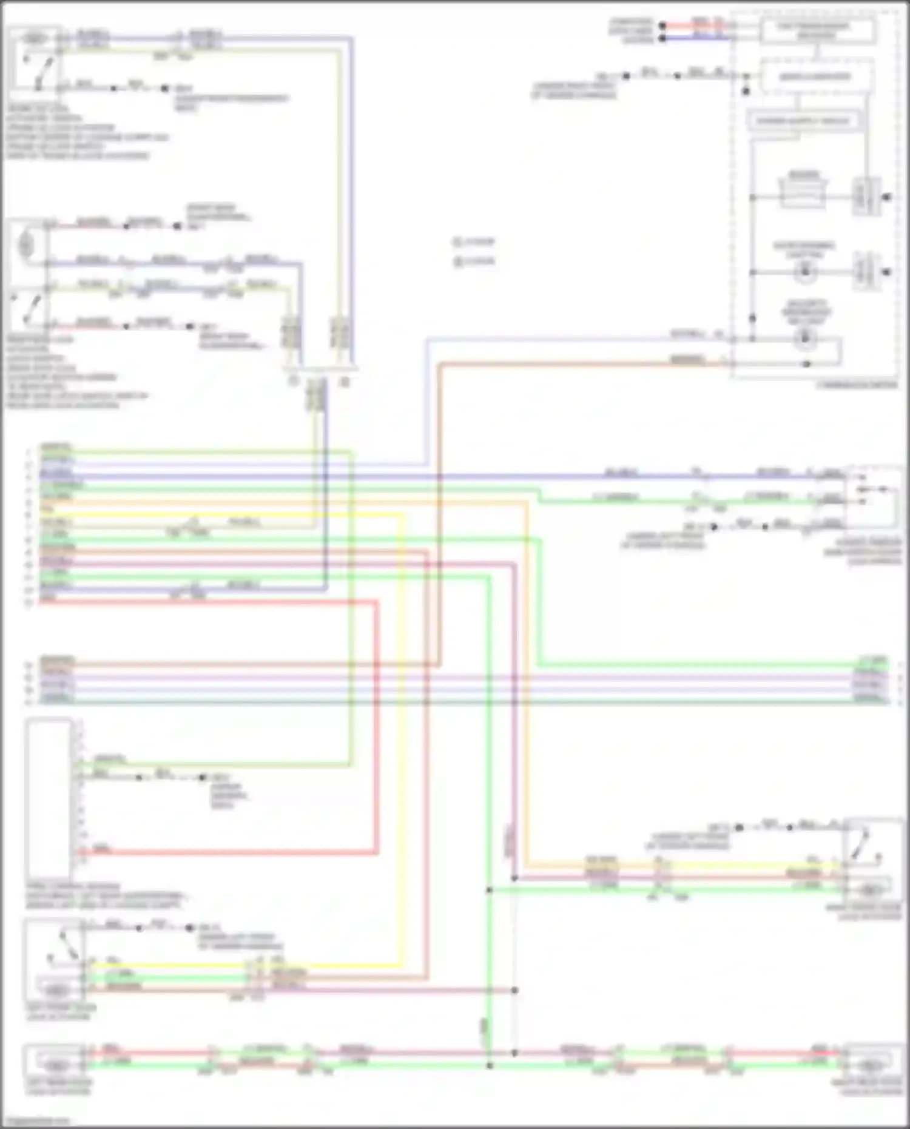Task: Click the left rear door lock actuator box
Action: (55, 1060)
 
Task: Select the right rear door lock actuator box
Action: (872, 1060)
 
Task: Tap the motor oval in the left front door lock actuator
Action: (56, 991)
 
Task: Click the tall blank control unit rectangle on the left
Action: (49, 798)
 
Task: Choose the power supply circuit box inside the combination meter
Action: (803, 121)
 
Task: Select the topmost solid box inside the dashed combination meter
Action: (817, 31)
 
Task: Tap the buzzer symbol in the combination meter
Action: (803, 190)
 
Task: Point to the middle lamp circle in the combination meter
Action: (804, 272)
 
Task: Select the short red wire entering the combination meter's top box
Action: (698, 25)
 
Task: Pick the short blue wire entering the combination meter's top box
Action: (698, 38)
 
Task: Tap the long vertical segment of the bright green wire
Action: (489, 789)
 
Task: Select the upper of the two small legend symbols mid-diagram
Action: (458, 242)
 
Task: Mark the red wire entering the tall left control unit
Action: (231, 852)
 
